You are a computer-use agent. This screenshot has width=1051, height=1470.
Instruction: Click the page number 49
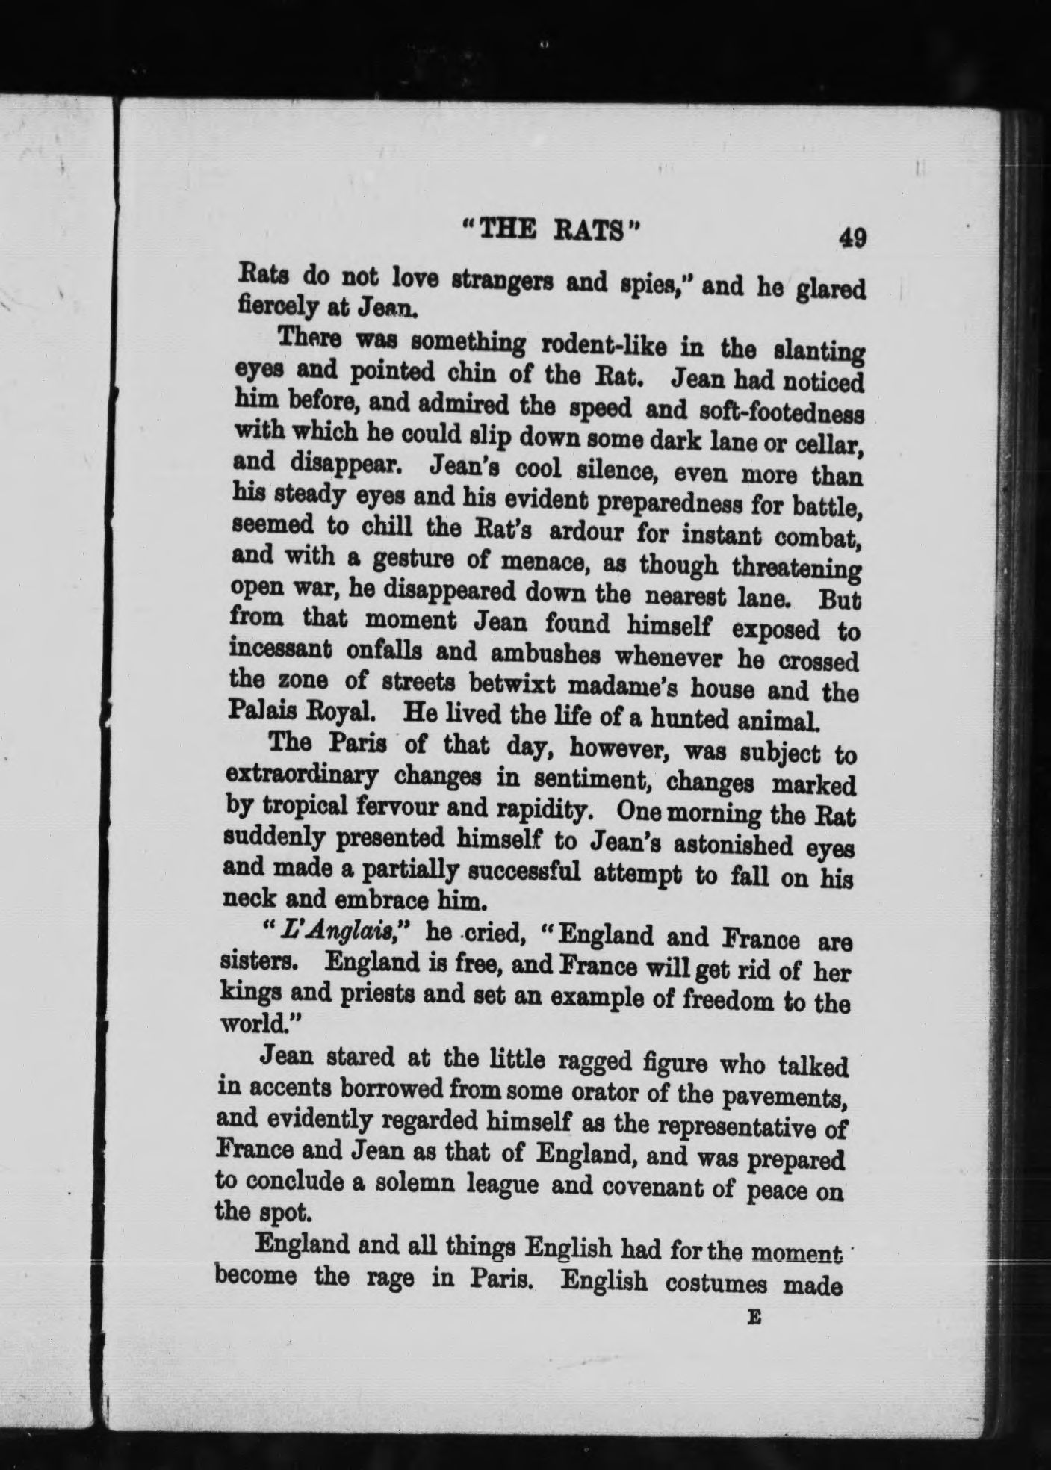coord(852,238)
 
